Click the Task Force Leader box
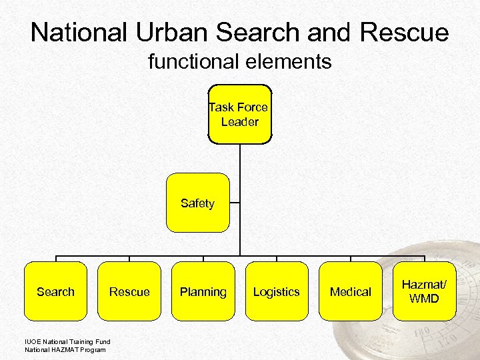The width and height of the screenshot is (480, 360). click(240, 114)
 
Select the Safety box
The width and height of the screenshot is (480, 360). click(197, 203)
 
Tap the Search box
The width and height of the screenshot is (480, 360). click(55, 291)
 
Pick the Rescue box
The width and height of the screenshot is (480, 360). click(129, 291)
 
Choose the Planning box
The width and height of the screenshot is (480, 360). click(203, 291)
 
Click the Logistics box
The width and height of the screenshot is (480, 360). click(277, 291)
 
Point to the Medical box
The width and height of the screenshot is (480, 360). click(351, 291)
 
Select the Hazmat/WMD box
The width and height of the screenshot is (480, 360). click(424, 291)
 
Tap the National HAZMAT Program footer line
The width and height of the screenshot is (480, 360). click(65, 349)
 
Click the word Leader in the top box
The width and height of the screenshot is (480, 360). click(240, 122)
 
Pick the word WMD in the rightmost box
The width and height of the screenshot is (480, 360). click(424, 299)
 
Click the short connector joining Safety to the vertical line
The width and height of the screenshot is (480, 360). click(235, 203)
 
